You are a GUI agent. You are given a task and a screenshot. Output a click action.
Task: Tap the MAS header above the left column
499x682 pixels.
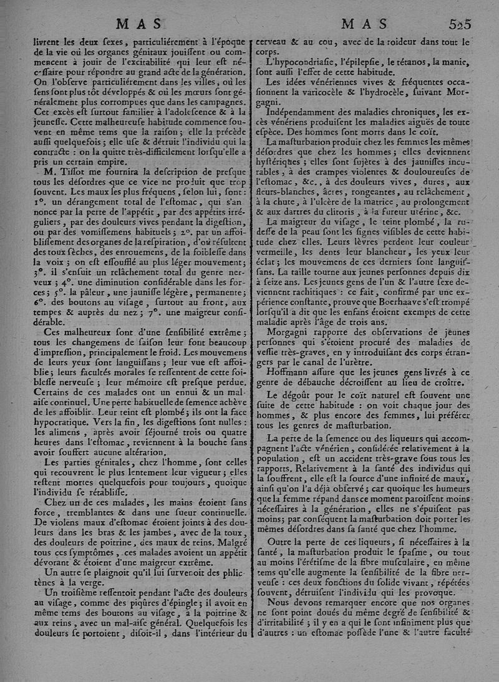140,24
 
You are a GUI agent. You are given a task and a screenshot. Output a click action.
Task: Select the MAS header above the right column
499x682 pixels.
364,24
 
